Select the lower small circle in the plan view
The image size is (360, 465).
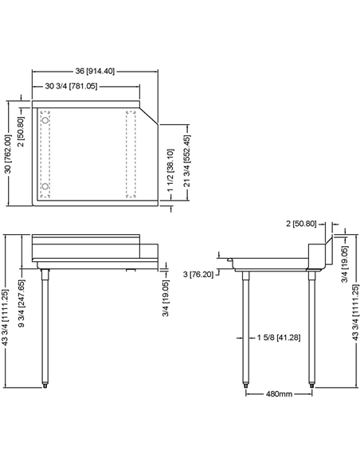(x=45, y=187)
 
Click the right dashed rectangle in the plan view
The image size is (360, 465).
(x=133, y=154)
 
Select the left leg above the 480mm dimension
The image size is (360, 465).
(x=245, y=326)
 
